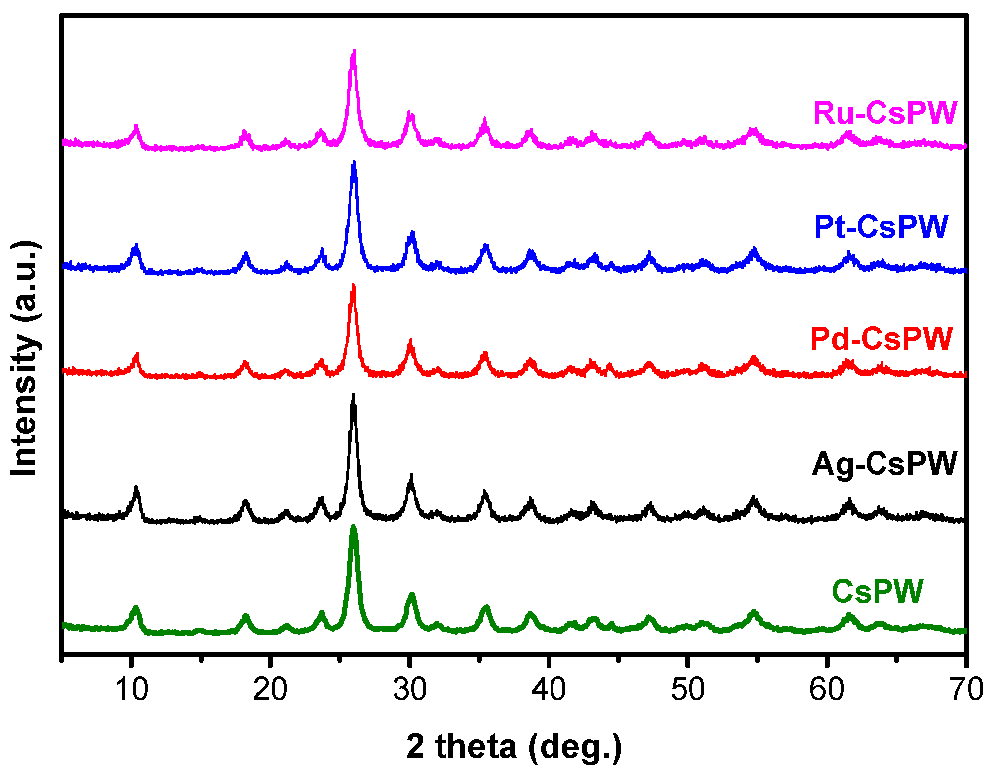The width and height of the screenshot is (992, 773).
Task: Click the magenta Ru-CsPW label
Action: click(x=884, y=113)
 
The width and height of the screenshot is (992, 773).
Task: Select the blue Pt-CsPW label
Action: click(x=881, y=227)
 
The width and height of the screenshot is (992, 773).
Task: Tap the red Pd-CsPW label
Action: click(x=881, y=339)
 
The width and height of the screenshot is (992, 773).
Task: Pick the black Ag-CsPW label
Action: click(x=884, y=464)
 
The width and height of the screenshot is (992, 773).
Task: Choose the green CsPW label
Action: click(x=877, y=591)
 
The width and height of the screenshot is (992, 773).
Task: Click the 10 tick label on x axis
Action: click(x=131, y=690)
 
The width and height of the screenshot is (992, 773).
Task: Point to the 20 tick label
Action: click(x=270, y=690)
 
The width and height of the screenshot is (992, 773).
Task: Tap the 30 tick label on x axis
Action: click(x=409, y=690)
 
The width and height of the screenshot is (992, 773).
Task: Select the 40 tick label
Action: click(x=548, y=690)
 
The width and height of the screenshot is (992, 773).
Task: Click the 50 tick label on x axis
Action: click(x=687, y=690)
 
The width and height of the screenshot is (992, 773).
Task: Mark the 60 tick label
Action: click(x=826, y=690)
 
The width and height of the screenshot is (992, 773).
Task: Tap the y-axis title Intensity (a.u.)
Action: click(x=24, y=358)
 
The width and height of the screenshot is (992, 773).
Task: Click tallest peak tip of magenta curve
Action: click(x=354, y=51)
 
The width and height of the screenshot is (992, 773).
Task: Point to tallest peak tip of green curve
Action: click(x=354, y=527)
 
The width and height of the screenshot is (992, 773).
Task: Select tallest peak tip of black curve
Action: click(x=353, y=395)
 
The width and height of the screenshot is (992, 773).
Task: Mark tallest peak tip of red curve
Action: click(x=353, y=285)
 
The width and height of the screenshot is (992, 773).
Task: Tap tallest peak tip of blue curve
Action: click(x=354, y=162)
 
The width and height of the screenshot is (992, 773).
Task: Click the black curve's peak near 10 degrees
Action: click(x=136, y=487)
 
